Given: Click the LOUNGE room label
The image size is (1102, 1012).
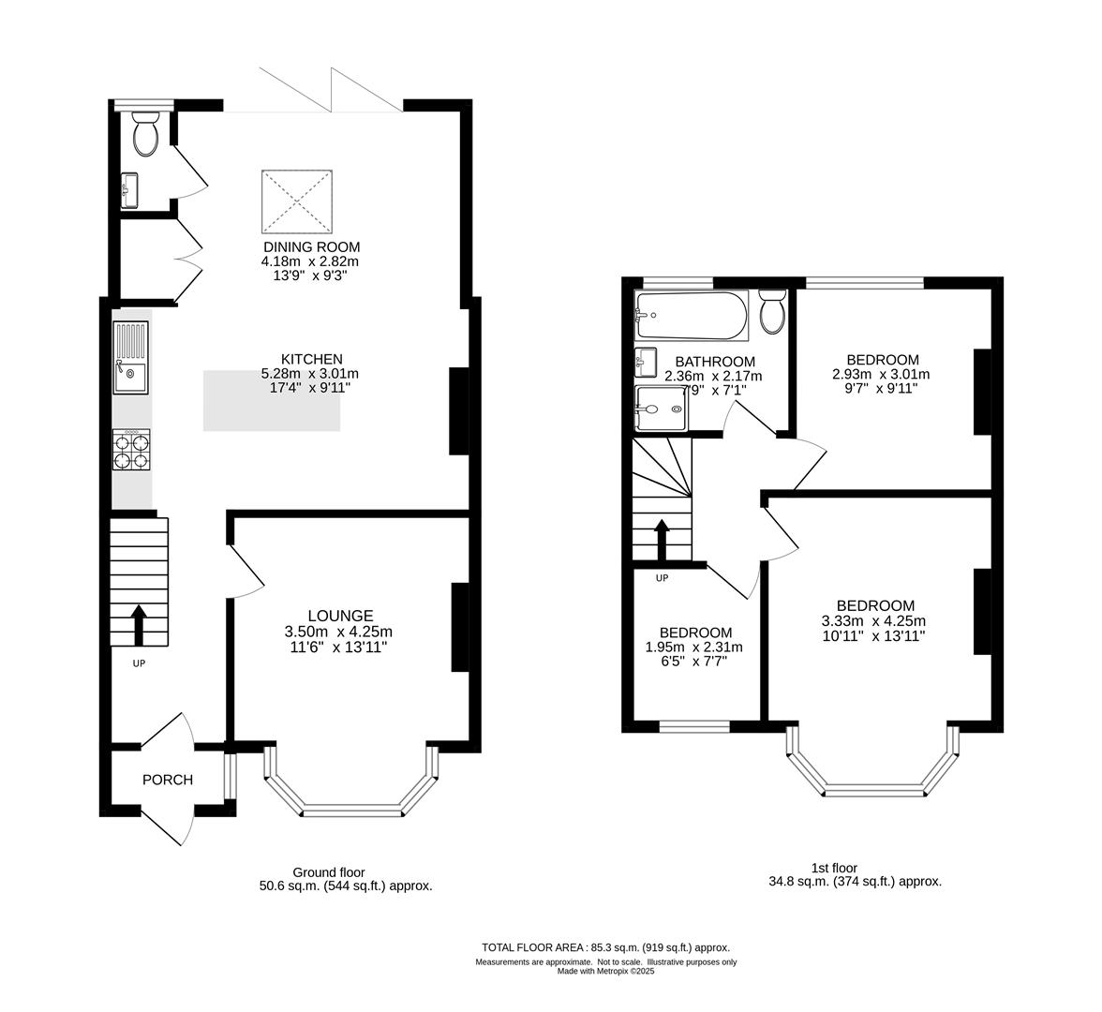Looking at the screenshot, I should (x=347, y=616).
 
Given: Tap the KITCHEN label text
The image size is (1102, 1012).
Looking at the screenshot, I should (x=311, y=359).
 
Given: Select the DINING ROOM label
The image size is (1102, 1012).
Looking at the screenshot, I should (x=311, y=246).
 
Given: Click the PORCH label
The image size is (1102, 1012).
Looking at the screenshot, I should (x=168, y=780).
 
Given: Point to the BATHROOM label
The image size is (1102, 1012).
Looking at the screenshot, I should (x=714, y=362).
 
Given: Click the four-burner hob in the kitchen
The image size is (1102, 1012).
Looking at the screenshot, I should (x=131, y=449).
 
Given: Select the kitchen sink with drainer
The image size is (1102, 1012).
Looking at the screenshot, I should (x=130, y=357).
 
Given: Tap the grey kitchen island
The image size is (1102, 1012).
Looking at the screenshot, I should (x=272, y=401).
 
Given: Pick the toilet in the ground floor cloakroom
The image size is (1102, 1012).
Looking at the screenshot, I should (x=145, y=135).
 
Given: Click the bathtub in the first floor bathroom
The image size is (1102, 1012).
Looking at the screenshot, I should (x=691, y=316).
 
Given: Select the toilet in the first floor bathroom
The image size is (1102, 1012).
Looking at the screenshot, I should (x=772, y=312).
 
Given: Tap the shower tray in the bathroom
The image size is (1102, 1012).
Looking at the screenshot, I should (x=662, y=409).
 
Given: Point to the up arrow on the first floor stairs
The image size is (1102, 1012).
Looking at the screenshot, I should (x=661, y=540).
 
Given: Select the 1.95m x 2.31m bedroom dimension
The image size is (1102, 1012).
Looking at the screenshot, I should (x=694, y=647).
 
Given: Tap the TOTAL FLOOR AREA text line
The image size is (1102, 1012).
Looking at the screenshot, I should (x=604, y=947).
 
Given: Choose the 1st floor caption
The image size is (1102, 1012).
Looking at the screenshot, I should (x=834, y=869).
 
